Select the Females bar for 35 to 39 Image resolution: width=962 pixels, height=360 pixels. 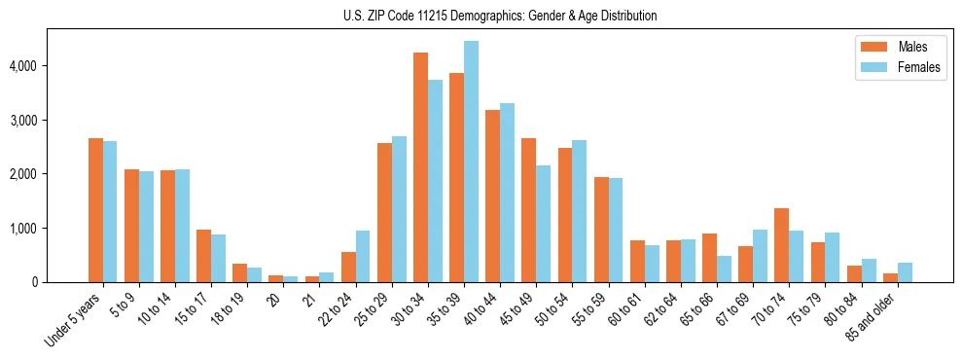(x=471, y=162)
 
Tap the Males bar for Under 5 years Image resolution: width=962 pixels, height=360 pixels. (x=95, y=210)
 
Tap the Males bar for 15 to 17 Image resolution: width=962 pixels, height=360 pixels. (x=203, y=256)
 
